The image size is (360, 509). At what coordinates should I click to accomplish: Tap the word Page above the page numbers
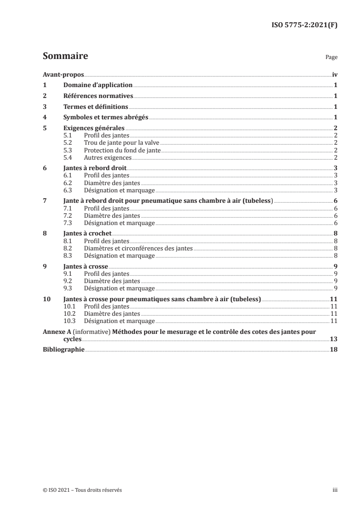click(331, 58)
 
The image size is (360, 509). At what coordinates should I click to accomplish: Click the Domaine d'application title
click(98, 85)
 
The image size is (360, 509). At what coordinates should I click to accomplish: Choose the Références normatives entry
click(98, 96)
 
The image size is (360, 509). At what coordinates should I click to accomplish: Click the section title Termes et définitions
click(96, 107)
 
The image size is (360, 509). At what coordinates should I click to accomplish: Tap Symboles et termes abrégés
click(106, 117)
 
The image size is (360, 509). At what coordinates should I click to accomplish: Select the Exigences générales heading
click(94, 128)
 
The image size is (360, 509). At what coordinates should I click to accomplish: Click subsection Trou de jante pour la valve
click(122, 143)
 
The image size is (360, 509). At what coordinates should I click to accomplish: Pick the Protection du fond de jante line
click(122, 150)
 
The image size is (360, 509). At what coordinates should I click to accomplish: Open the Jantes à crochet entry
click(88, 234)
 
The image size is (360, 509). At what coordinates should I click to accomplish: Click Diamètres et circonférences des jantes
click(138, 248)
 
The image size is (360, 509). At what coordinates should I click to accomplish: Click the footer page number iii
click(335, 490)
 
